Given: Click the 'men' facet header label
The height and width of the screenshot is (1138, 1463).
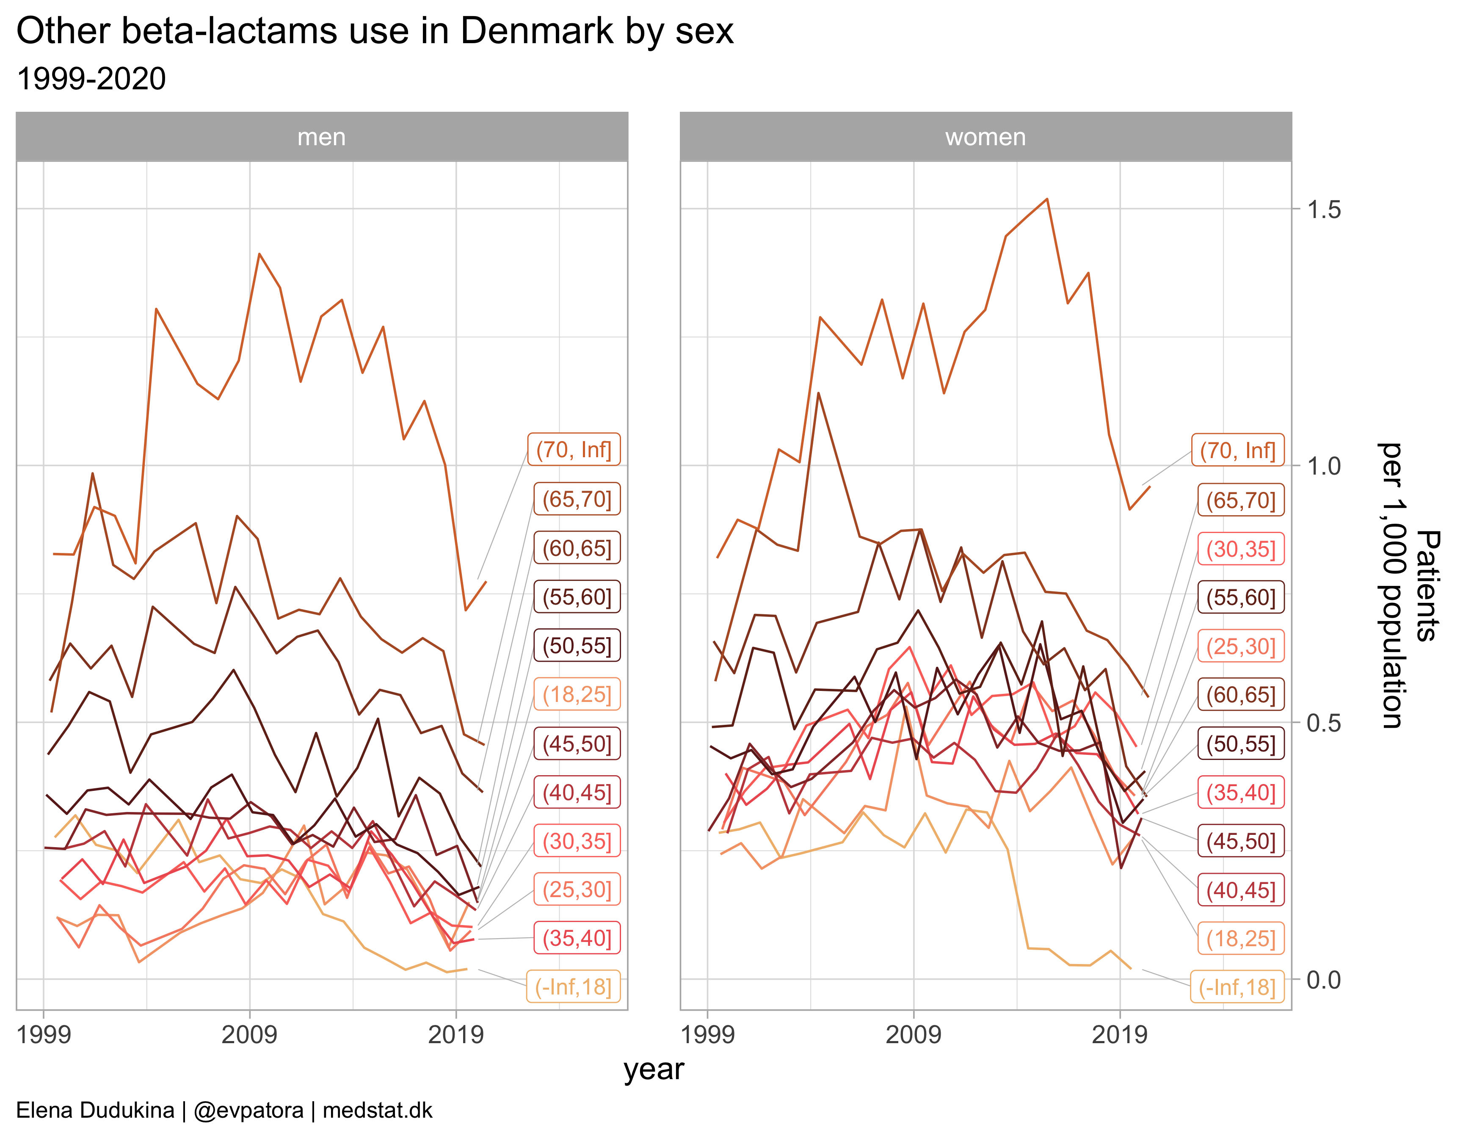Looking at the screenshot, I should pos(322,137).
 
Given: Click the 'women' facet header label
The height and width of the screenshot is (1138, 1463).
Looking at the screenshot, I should pos(985,137).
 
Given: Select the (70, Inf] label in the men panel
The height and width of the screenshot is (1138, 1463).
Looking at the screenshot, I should pos(574,450).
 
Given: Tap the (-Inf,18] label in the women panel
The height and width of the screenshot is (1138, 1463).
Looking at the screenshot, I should pos(1237,987).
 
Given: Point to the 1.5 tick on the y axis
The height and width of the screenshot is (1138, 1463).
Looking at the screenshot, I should pos(1324,210).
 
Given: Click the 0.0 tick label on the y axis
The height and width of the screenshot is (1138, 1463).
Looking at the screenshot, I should pos(1324,980).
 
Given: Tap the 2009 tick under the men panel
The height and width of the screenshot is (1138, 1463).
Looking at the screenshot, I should pos(249,1035).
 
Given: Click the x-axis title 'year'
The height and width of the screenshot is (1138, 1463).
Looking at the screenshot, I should pos(654,1070).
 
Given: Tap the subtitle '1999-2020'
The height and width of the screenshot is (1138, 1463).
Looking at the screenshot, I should pos(91,79).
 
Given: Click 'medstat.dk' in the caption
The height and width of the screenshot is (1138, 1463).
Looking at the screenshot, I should pos(377,1110).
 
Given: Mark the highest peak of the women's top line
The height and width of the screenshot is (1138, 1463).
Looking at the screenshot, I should pos(1046,199).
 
